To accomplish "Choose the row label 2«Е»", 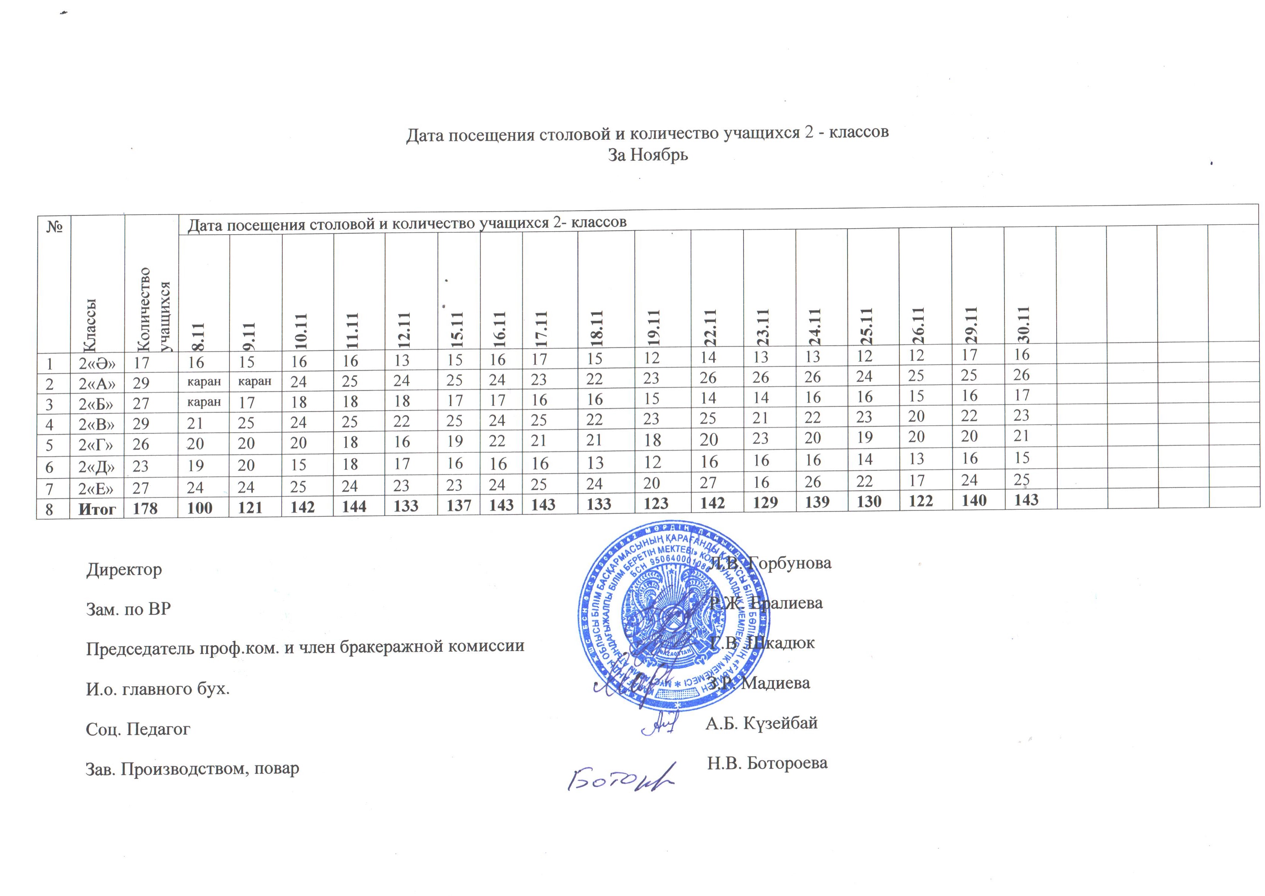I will tap(97, 488).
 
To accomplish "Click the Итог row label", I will tap(97, 509).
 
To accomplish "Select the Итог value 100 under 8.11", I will tap(199, 508).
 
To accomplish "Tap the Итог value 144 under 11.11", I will tap(354, 506).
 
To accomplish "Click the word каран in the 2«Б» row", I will tap(204, 402).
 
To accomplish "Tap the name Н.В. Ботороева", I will tap(767, 763).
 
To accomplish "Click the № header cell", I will tap(54, 227).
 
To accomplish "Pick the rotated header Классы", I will tap(90, 326).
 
